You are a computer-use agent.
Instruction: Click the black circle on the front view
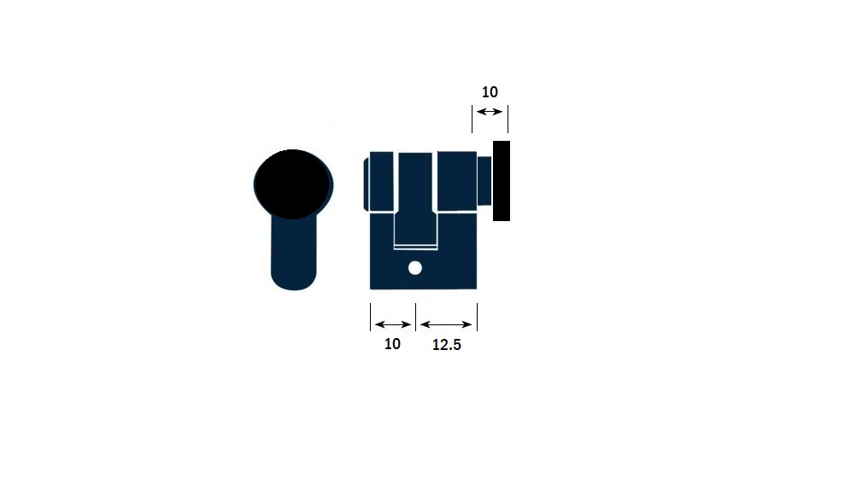tap(293, 184)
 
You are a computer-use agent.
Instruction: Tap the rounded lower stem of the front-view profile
tap(294, 254)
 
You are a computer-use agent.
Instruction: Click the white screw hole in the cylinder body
tap(415, 268)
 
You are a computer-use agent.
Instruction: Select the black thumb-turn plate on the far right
tap(502, 181)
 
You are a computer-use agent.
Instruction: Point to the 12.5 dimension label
tap(447, 345)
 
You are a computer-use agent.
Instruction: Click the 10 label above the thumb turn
tap(490, 92)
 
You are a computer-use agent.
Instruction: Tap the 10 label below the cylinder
tap(392, 344)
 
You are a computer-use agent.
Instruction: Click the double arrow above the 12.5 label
tap(446, 324)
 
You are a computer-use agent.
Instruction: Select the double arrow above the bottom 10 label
tap(393, 324)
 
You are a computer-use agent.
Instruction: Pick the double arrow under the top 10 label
tap(490, 112)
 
